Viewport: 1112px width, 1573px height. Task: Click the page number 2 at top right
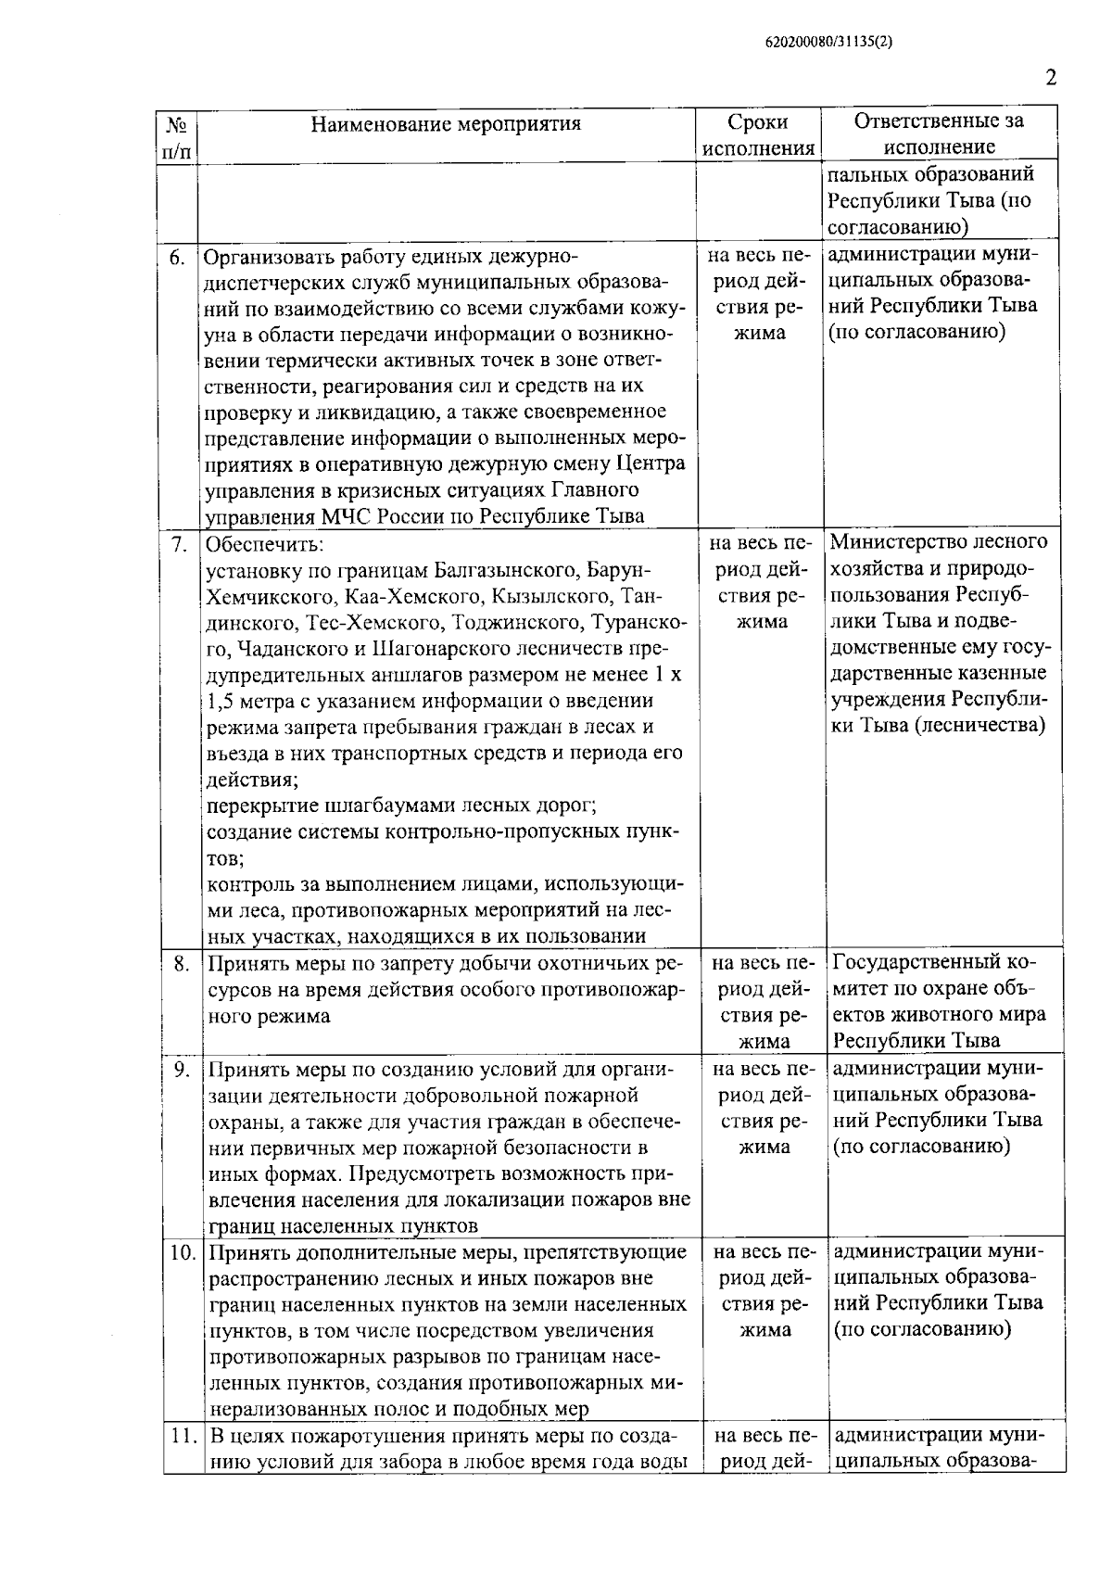[1051, 77]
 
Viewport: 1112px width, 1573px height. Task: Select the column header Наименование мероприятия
[446, 124]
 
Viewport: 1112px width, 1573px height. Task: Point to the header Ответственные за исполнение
[939, 134]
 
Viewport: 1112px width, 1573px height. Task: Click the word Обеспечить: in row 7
[264, 544]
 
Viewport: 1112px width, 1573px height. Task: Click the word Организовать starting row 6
[268, 257]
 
